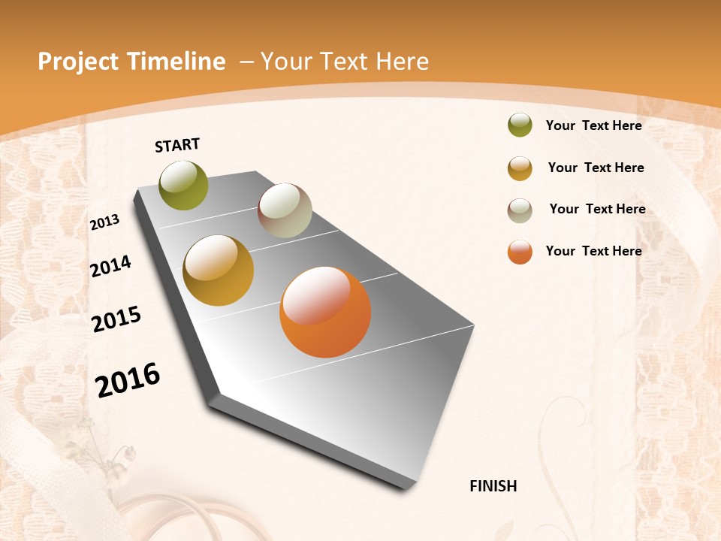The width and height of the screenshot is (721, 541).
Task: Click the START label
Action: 177,145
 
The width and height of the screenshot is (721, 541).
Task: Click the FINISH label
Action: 493,486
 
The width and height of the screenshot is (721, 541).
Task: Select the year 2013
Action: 105,222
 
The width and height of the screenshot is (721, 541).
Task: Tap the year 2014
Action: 110,266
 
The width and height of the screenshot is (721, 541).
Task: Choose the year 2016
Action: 128,379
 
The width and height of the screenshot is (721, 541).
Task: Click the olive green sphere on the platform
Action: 184,185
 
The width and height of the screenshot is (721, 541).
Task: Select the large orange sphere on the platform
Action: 325,312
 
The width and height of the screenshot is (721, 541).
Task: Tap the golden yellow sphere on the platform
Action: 218,270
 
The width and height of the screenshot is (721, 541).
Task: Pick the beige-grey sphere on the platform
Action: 285,210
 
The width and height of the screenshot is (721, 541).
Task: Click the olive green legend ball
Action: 520,125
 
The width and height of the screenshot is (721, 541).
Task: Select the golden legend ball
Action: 520,168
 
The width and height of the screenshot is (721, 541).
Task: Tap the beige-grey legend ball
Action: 520,210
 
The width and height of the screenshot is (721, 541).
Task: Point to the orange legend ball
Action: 520,252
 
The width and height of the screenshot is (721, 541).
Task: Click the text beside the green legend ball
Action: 593,125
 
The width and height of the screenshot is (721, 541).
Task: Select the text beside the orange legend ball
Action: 593,251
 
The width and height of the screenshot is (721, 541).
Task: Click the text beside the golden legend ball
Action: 596,168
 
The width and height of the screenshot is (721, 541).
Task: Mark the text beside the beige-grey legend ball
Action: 597,209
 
